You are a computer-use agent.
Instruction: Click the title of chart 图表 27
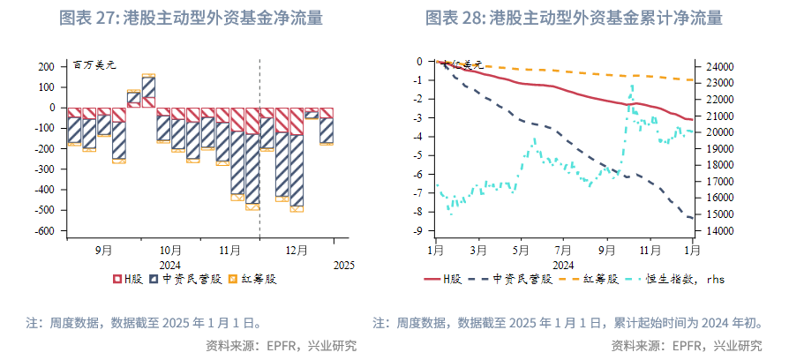click(190, 17)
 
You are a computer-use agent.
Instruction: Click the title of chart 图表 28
click(574, 17)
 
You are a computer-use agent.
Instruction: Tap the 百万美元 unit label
click(94, 64)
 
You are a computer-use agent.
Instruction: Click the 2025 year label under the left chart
click(343, 265)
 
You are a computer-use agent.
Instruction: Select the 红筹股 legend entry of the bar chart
click(253, 279)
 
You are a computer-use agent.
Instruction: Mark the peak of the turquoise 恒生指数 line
click(632, 85)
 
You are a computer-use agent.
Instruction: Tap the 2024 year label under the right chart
click(563, 265)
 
